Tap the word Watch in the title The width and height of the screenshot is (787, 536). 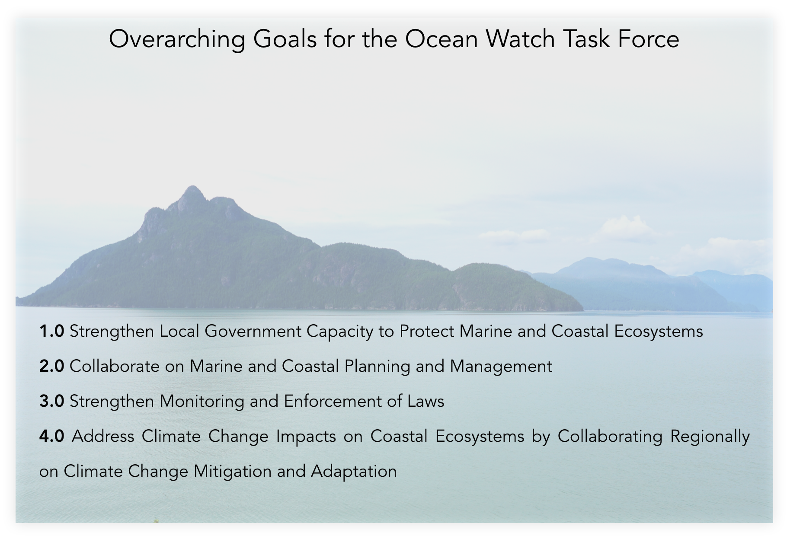pos(520,39)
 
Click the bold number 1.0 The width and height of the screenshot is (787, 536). pos(51,332)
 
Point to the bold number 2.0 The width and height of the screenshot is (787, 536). pos(51,367)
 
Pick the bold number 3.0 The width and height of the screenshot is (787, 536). pos(51,402)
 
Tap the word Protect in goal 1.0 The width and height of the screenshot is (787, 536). pos(427,332)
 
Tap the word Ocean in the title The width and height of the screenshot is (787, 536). pos(441,39)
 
